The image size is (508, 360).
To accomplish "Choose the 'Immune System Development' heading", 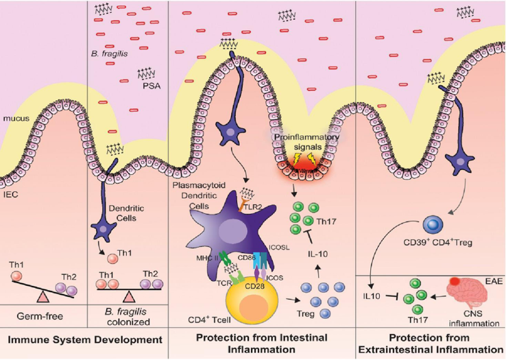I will (84, 339).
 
